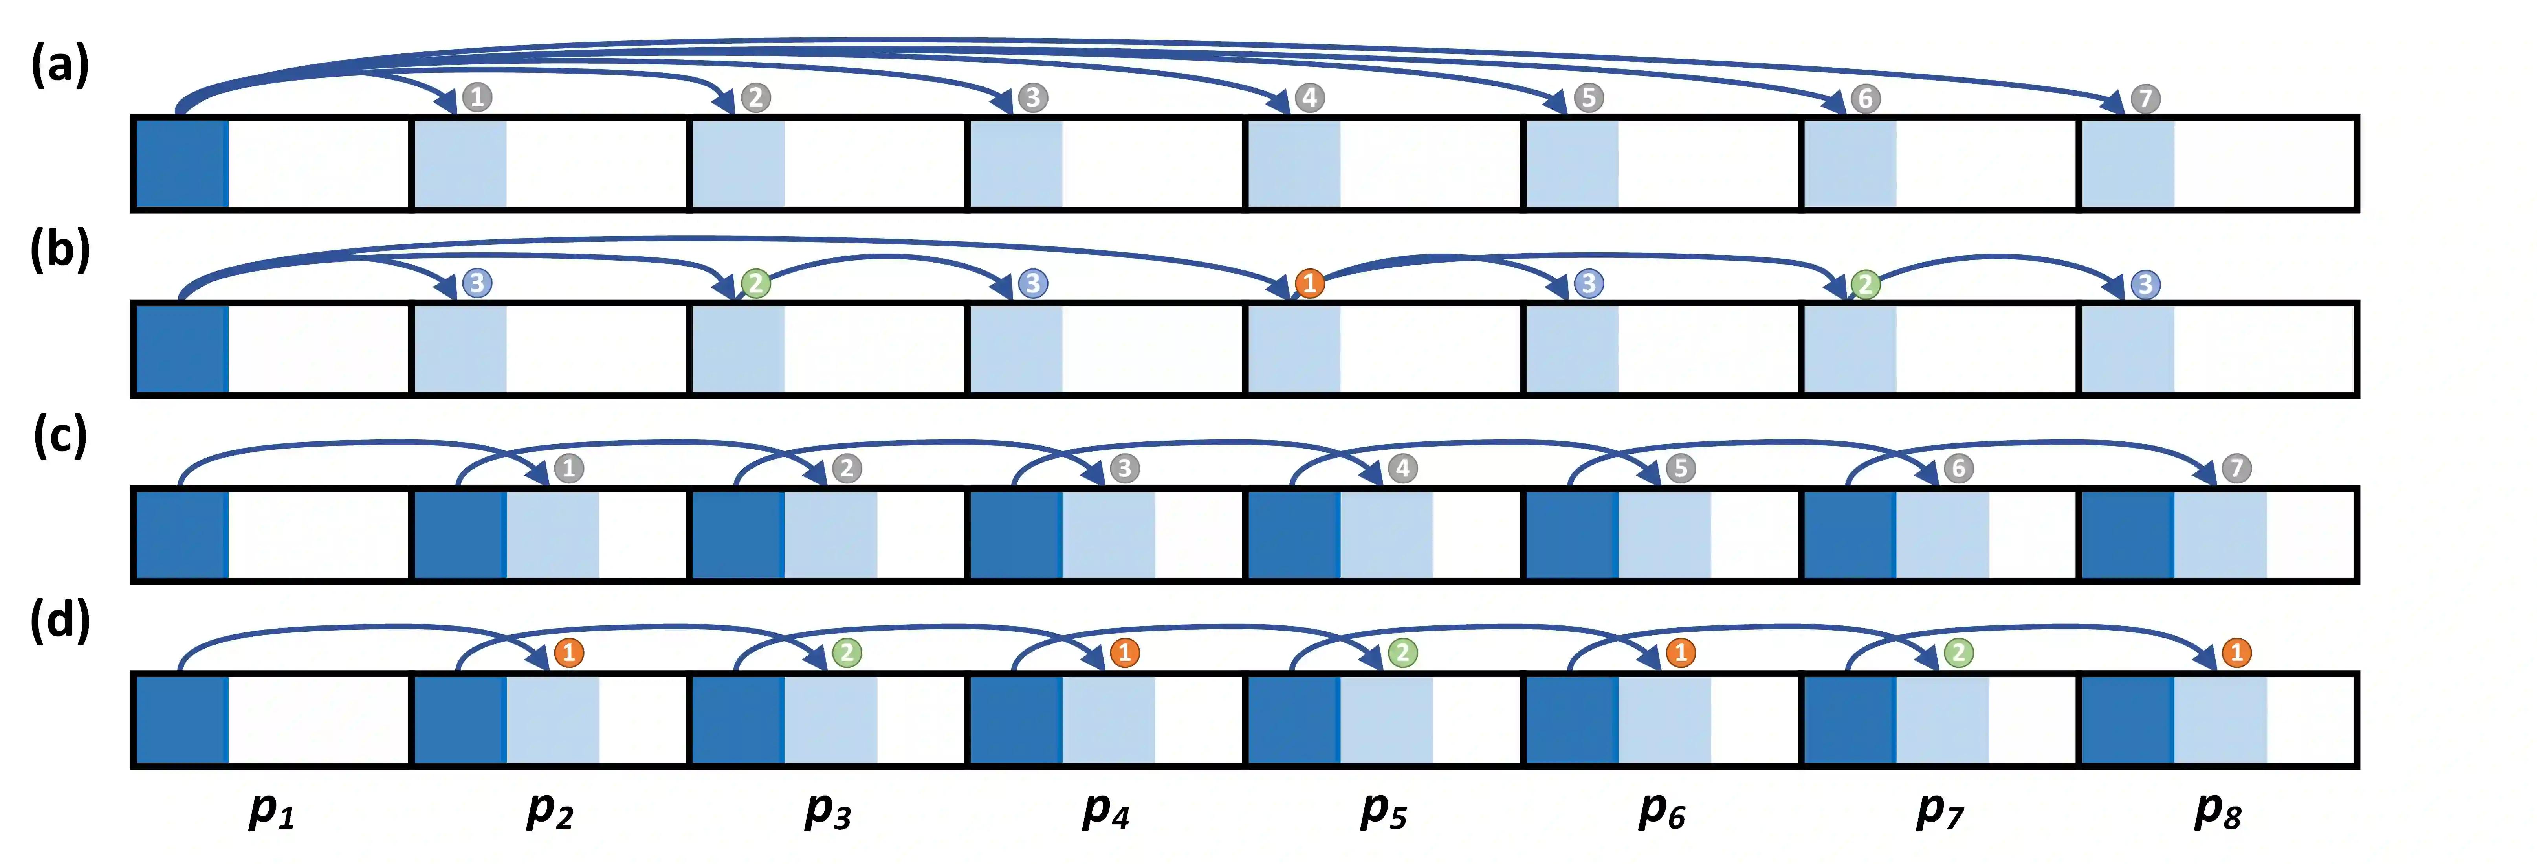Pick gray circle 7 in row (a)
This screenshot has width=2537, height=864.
coord(2145,99)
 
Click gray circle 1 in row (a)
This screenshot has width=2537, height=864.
coord(477,97)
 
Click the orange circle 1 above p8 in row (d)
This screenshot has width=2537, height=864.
coord(2236,652)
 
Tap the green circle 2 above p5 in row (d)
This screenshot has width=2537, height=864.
coord(1402,652)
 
